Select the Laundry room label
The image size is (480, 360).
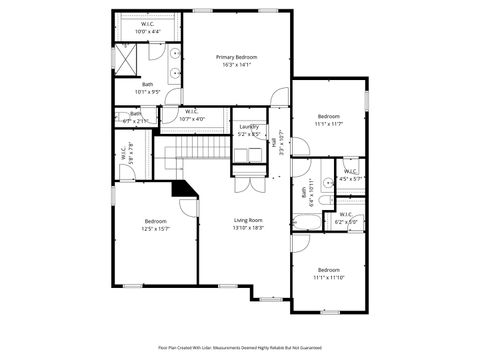click(249, 126)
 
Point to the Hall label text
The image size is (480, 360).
click(273, 142)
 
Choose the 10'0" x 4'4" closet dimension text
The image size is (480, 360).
click(147, 31)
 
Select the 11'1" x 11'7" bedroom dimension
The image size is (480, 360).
click(329, 123)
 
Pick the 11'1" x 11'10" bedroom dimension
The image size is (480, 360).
click(329, 277)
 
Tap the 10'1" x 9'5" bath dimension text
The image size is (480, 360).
click(147, 92)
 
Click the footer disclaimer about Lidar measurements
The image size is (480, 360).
click(240, 346)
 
